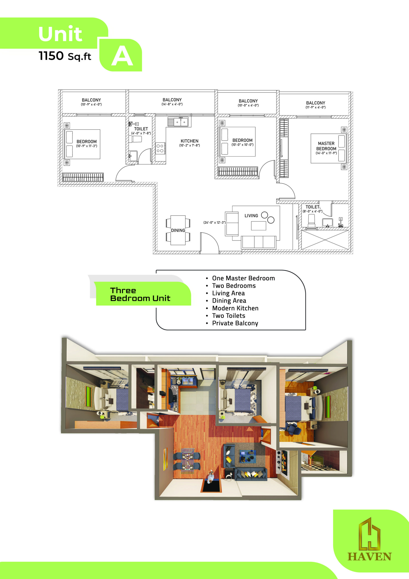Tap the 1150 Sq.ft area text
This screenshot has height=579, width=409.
tap(65, 56)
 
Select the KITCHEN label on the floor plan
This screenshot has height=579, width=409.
tap(190, 141)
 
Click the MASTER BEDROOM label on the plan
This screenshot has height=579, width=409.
tap(326, 146)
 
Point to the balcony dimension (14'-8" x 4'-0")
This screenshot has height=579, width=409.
tap(172, 104)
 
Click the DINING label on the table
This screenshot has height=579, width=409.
tap(178, 230)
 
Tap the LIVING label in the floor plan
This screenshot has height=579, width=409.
tap(251, 216)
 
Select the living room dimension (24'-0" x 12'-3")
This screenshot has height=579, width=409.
tap(214, 222)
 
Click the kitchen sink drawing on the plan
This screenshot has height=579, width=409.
tap(178, 122)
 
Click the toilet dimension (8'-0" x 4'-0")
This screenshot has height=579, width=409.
tap(313, 211)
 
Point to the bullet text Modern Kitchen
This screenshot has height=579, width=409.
tap(235, 308)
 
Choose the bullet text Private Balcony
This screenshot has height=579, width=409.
tap(235, 323)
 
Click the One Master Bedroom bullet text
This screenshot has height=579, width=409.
tap(243, 278)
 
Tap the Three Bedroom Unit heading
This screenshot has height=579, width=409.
tap(140, 294)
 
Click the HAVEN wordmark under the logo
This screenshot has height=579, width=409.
tap(369, 557)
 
